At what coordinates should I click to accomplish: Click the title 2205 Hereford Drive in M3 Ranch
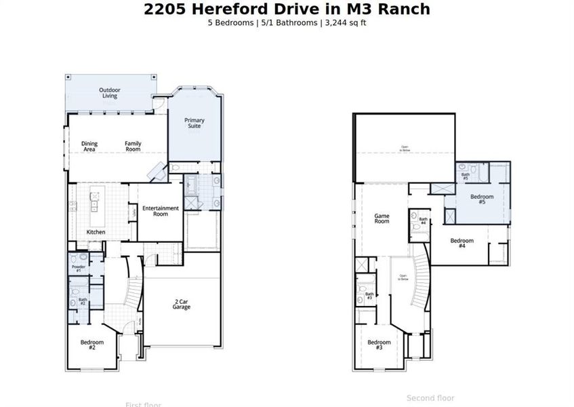pyautogui.click(x=287, y=9)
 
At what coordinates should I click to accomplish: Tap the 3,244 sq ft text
pyautogui.click(x=346, y=22)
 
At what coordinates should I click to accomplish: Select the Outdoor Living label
pyautogui.click(x=110, y=93)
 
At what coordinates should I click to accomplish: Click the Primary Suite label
pyautogui.click(x=194, y=123)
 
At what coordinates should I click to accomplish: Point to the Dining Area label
pyautogui.click(x=89, y=146)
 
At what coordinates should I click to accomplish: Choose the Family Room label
pyautogui.click(x=133, y=146)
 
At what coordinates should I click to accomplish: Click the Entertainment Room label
pyautogui.click(x=161, y=211)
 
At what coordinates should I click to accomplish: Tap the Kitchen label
pyautogui.click(x=96, y=232)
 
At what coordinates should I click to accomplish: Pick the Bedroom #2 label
pyautogui.click(x=91, y=344)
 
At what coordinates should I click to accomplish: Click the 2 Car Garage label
pyautogui.click(x=181, y=305)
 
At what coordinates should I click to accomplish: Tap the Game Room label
pyautogui.click(x=382, y=218)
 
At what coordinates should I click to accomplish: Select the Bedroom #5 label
pyautogui.click(x=482, y=199)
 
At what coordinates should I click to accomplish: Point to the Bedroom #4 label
pyautogui.click(x=462, y=243)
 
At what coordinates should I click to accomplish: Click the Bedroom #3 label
pyautogui.click(x=379, y=345)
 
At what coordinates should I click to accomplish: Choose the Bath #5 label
pyautogui.click(x=466, y=176)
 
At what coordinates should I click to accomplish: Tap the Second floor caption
pyautogui.click(x=430, y=398)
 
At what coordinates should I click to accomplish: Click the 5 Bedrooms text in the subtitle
pyautogui.click(x=231, y=22)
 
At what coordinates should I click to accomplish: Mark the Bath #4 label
pyautogui.click(x=423, y=220)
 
